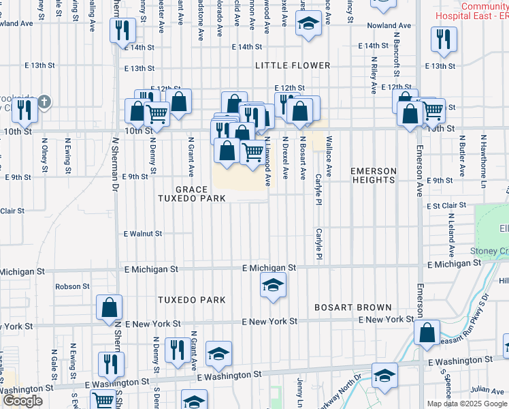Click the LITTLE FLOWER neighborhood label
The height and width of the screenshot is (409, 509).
pos(293,65)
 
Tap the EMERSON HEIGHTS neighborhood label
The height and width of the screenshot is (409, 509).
pos(373,175)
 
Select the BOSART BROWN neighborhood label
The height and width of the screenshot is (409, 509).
pos(352,307)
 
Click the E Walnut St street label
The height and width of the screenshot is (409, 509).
pos(142,233)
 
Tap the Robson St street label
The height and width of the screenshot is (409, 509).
pos(73,286)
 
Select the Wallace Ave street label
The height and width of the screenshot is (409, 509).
pos(329,157)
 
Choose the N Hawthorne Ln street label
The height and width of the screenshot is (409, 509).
pos(484,157)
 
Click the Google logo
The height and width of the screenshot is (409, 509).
pos(22,401)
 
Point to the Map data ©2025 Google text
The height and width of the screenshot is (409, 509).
pos(467,404)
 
